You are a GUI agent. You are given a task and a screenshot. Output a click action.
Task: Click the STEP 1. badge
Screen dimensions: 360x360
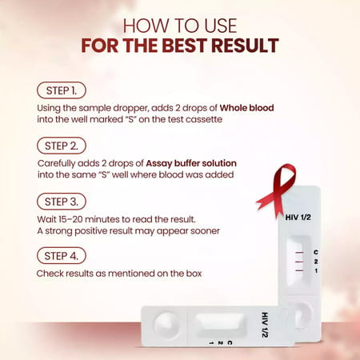click(62, 90)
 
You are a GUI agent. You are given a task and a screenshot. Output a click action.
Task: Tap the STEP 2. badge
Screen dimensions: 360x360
click(62, 146)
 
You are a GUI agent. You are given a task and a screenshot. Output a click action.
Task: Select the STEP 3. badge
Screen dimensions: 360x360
click(62, 202)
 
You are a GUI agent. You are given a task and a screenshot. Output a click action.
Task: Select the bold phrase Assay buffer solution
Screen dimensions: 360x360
click(191, 162)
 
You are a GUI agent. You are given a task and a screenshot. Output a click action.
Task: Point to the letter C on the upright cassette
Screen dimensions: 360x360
click(316, 252)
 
